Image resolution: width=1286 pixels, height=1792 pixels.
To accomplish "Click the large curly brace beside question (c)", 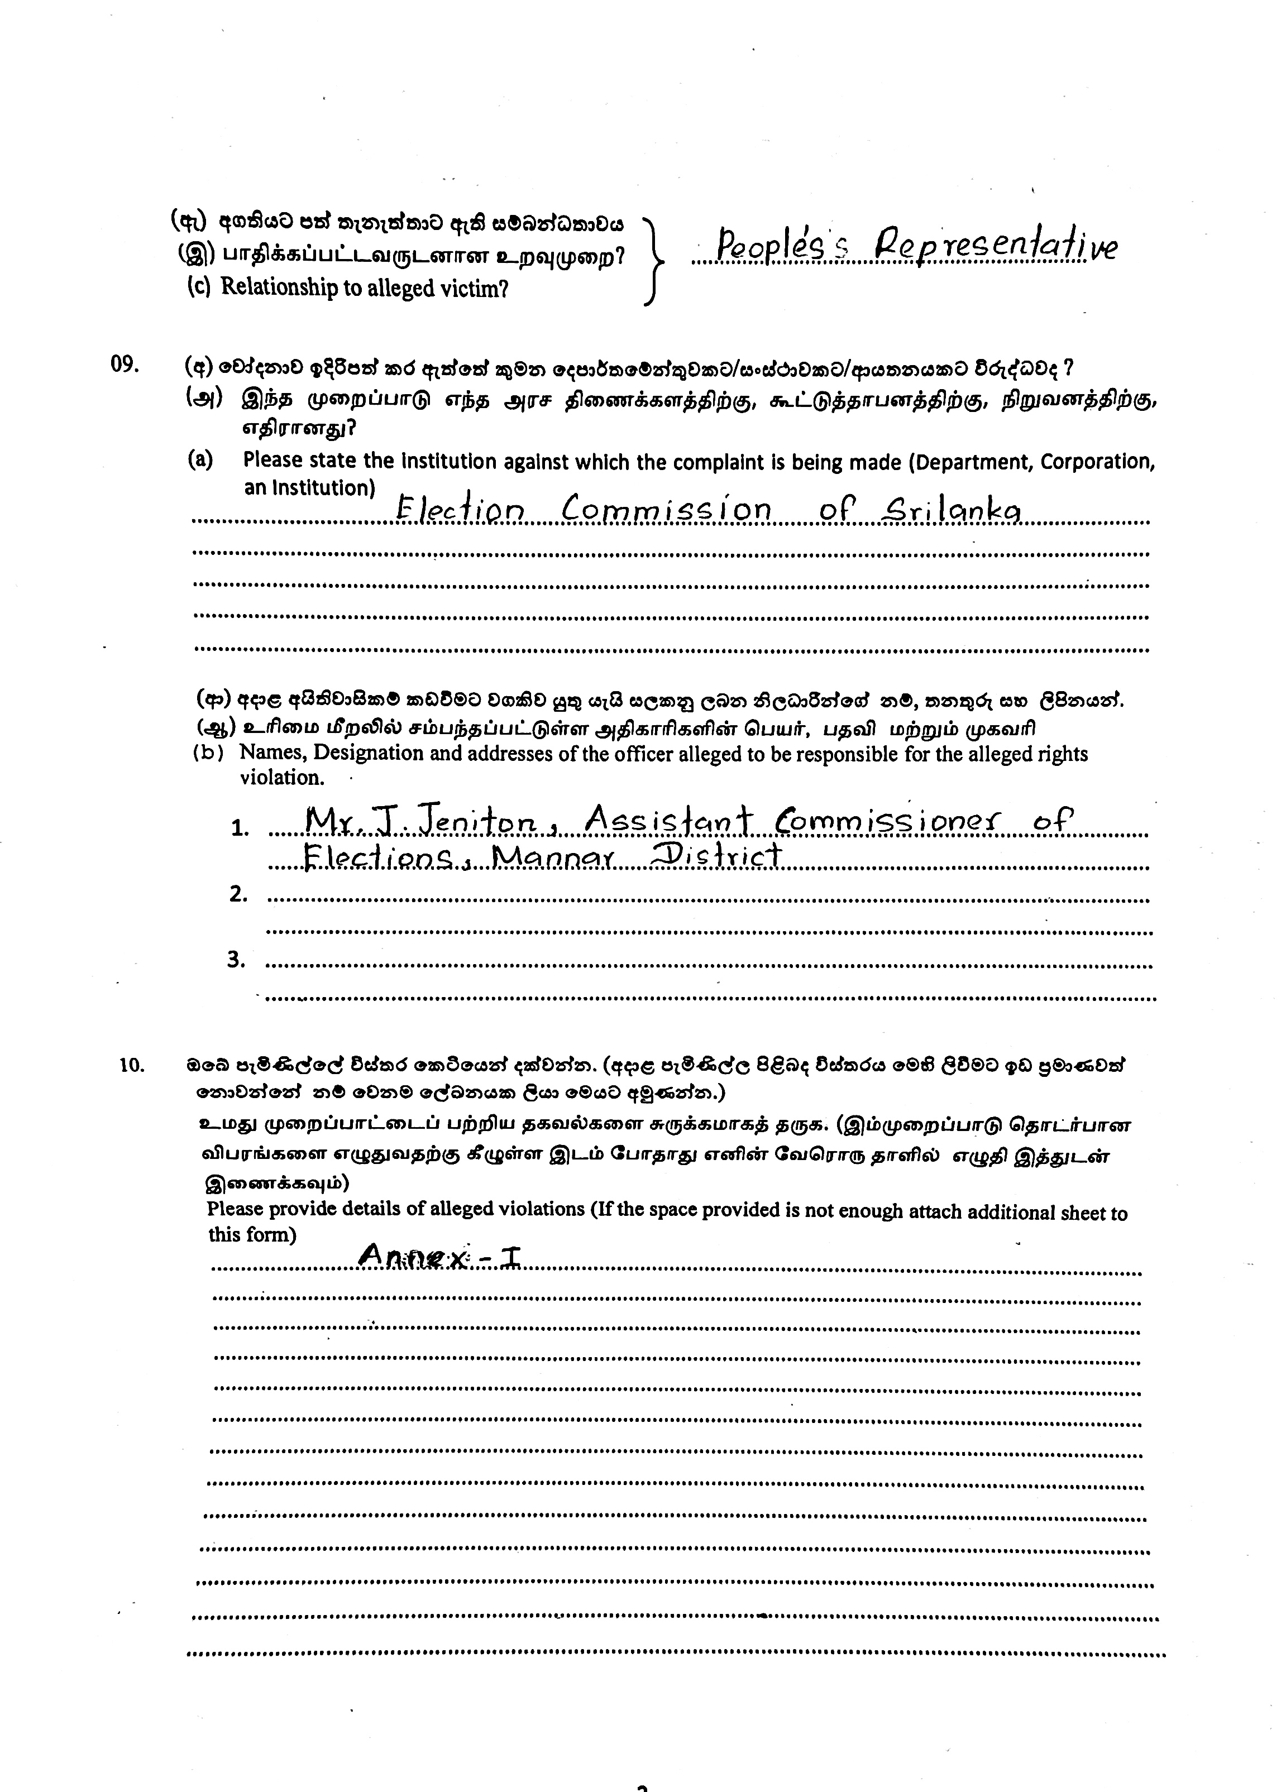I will (654, 260).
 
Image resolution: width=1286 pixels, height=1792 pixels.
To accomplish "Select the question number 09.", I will (125, 364).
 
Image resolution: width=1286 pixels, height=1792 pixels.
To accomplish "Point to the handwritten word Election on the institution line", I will (459, 510).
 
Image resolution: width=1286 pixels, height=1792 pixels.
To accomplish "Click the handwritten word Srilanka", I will (951, 510).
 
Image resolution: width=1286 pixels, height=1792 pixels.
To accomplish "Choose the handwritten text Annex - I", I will (439, 1256).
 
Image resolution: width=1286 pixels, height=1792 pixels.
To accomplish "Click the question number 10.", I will (132, 1065).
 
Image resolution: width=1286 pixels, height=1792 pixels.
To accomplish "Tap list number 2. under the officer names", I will (238, 894).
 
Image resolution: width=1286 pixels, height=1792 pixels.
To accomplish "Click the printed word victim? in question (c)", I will (477, 289).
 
